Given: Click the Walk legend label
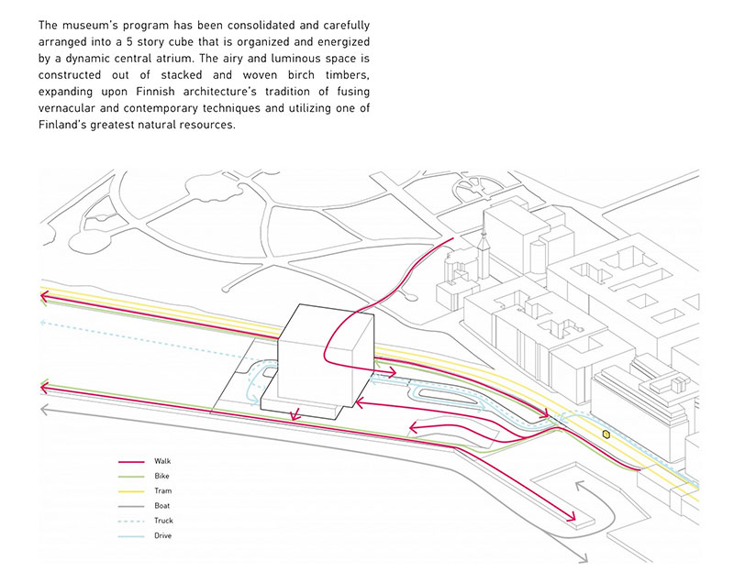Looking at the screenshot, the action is [x=162, y=461].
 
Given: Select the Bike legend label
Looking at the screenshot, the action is [x=161, y=476].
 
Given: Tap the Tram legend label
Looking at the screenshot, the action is [x=163, y=491].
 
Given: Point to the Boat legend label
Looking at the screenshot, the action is [x=162, y=506].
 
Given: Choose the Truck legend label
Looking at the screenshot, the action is [x=163, y=521].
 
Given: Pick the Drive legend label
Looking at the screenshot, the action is [x=163, y=535].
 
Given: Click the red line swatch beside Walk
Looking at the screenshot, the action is [x=131, y=462].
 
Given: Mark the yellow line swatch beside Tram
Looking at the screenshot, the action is [x=131, y=492].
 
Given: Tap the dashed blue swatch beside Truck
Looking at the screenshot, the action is [x=131, y=522].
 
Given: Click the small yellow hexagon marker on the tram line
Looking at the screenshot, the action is [x=606, y=434].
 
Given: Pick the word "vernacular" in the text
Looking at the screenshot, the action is [x=66, y=108].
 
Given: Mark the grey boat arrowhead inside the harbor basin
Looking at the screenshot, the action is [x=579, y=486].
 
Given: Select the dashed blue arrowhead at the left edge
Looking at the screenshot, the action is [x=43, y=322].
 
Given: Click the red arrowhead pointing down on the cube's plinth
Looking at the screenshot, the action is [x=295, y=414].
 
